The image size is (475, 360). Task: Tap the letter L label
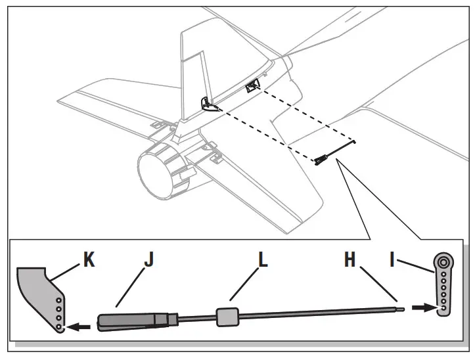(x=263, y=260)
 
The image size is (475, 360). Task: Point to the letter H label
(x=349, y=260)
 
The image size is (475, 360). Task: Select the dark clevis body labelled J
(x=128, y=321)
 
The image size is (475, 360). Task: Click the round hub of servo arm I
(x=443, y=262)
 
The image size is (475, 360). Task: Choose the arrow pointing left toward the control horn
(x=80, y=324)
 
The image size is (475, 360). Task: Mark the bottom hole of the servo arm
(x=444, y=307)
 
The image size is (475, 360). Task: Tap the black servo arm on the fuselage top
(x=252, y=87)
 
